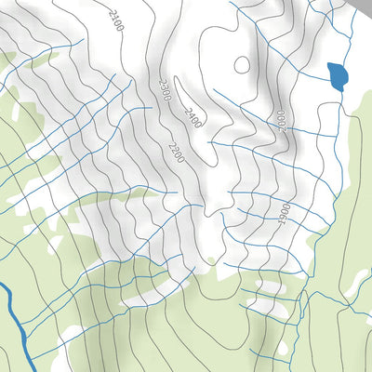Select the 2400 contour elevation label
point(193,117)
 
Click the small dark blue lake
point(339,75)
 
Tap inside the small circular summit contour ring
point(242,65)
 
